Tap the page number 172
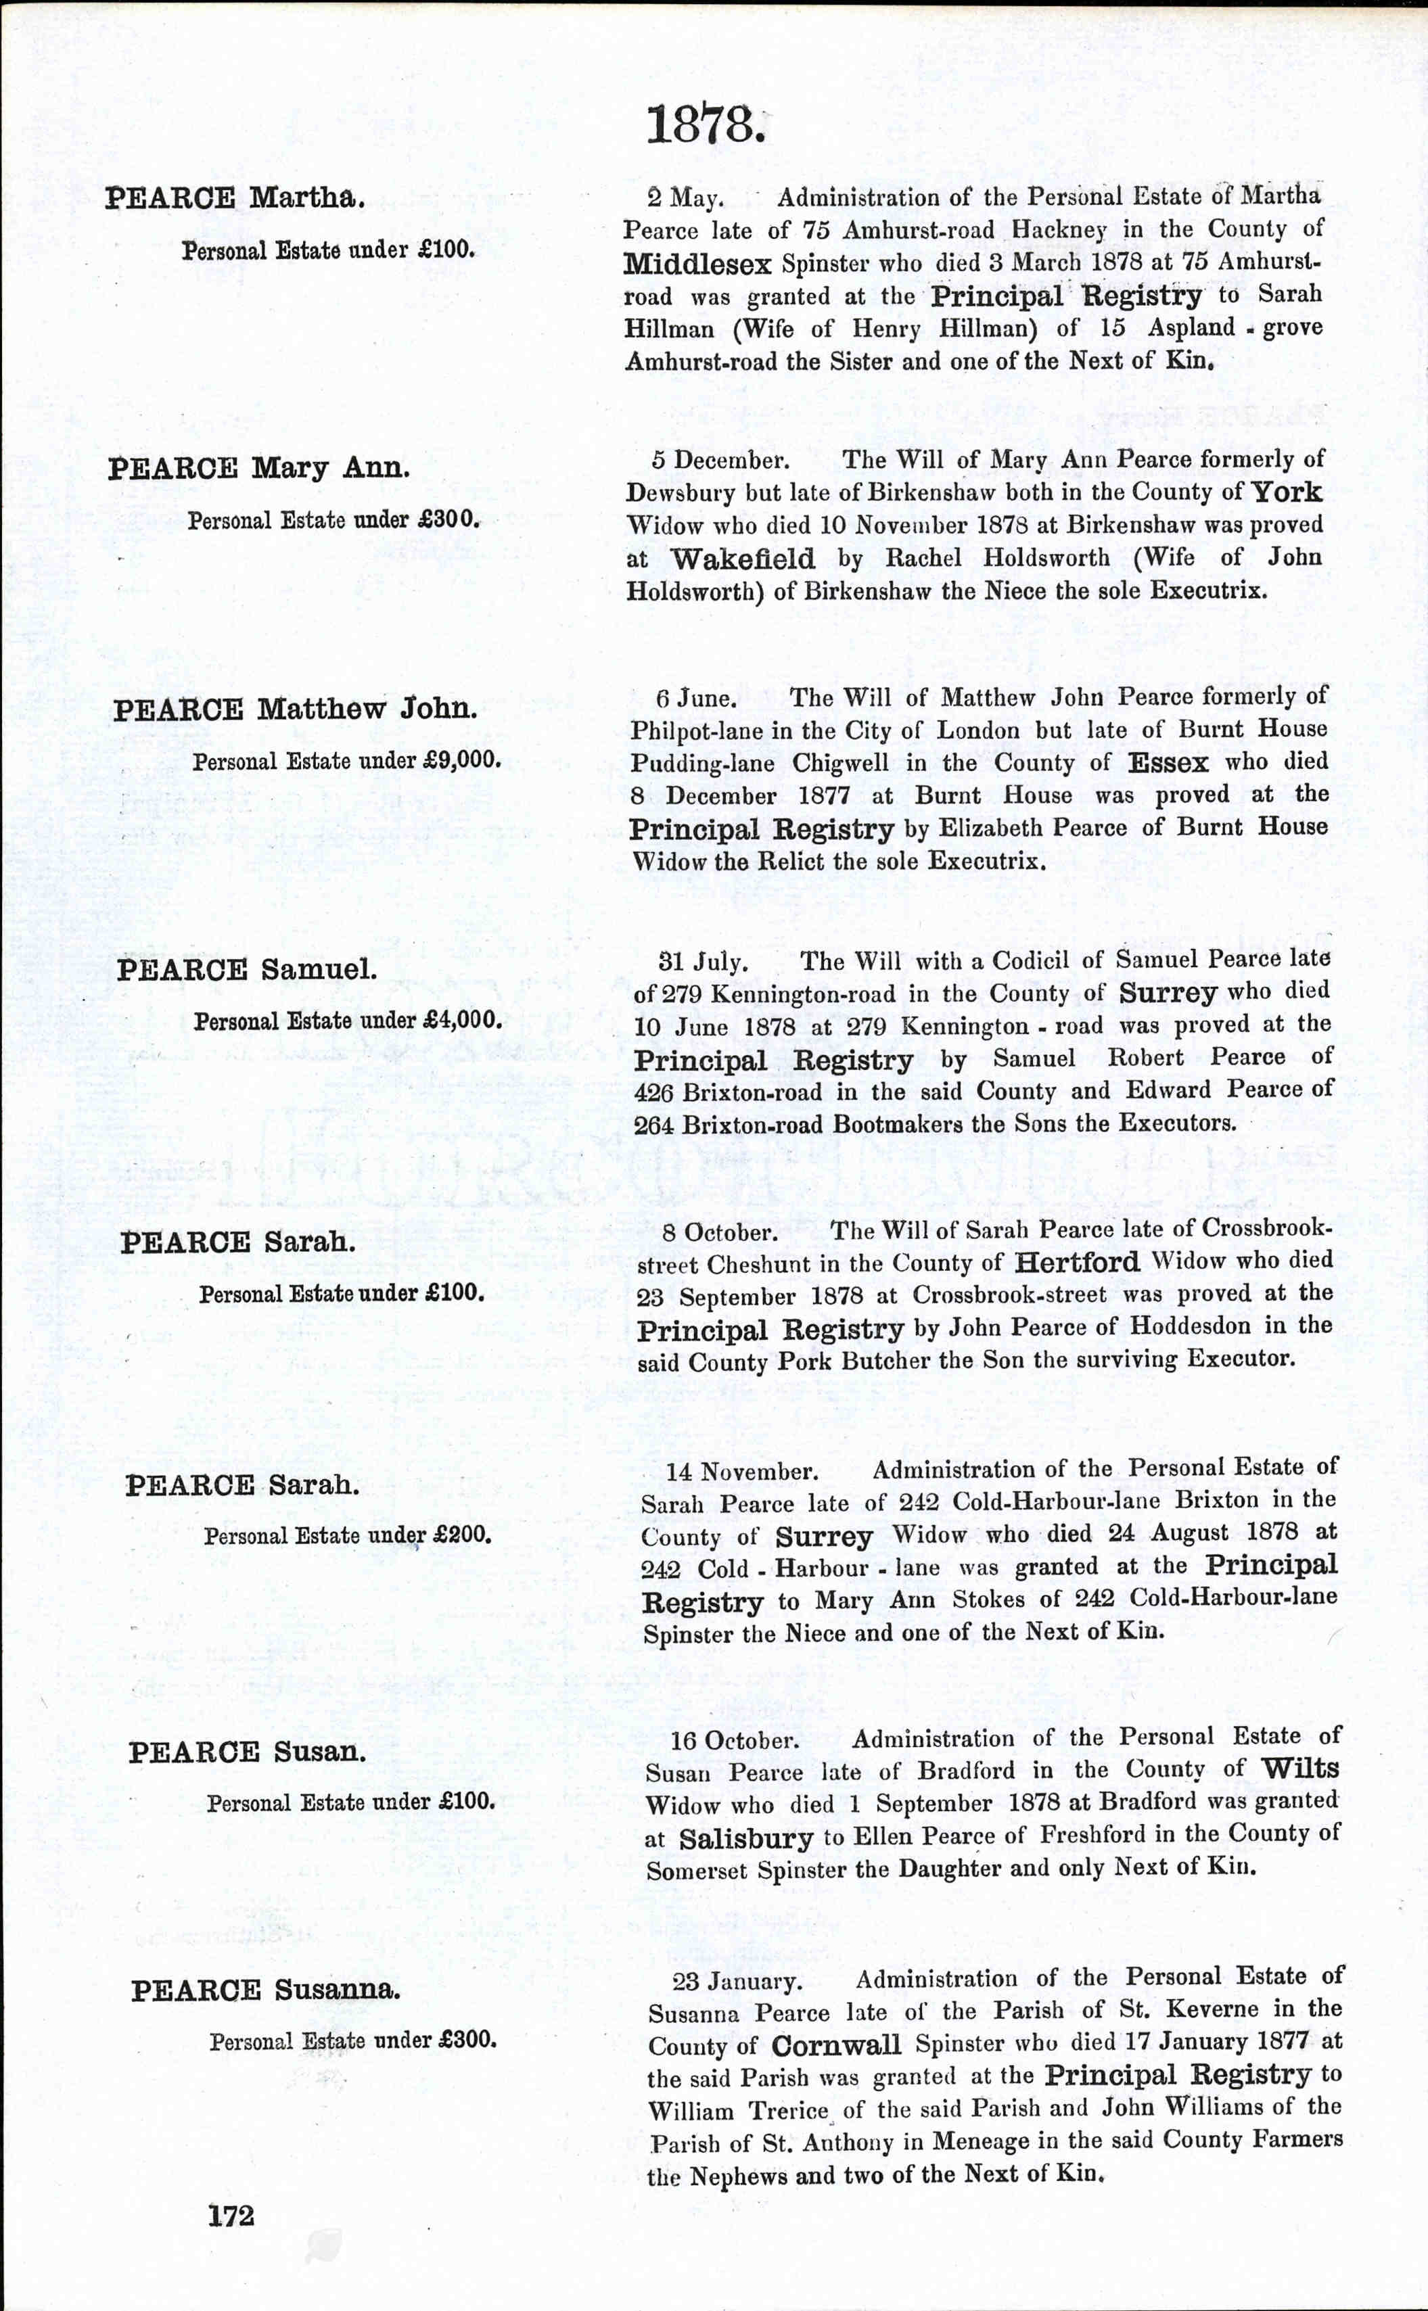pos(231,2215)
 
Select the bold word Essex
pos(1168,763)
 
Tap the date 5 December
pos(720,461)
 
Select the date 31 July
pos(703,962)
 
